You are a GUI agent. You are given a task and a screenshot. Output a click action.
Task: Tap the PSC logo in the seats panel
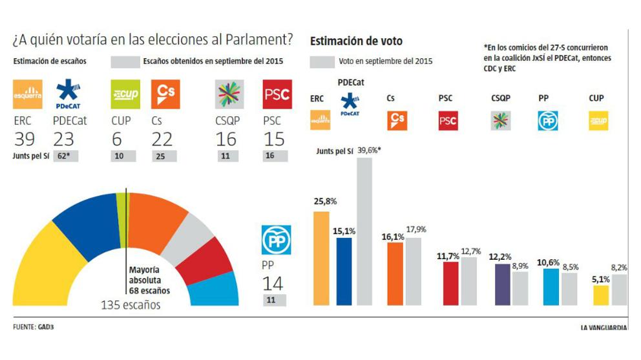tap(277, 94)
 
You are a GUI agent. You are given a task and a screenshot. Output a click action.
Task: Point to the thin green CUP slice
tap(121, 220)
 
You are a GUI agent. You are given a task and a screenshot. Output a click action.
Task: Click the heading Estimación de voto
tap(356, 41)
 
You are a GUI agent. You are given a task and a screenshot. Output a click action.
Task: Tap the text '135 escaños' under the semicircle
tap(130, 304)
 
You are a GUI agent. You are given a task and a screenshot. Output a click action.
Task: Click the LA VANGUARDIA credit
tap(603, 328)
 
